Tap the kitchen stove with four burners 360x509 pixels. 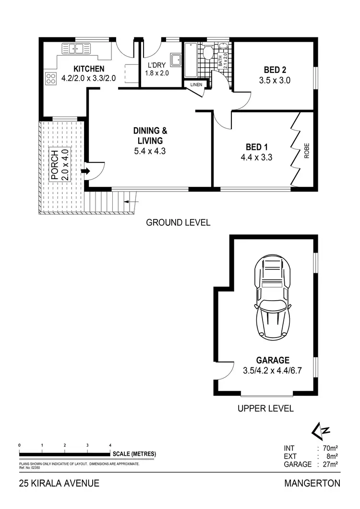pyautogui.click(x=51, y=78)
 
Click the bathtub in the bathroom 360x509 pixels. pyautogui.click(x=190, y=61)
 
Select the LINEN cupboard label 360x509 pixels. pyautogui.click(x=196, y=85)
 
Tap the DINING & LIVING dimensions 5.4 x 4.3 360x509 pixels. pyautogui.click(x=148, y=151)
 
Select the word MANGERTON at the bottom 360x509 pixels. pyautogui.click(x=312, y=483)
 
